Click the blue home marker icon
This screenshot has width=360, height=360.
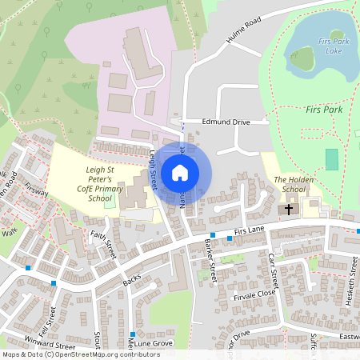(x=180, y=172)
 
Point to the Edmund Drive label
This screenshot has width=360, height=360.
(x=226, y=122)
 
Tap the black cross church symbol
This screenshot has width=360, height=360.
(x=289, y=210)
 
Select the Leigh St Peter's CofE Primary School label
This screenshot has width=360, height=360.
(x=101, y=184)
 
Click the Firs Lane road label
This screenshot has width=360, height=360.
(x=250, y=230)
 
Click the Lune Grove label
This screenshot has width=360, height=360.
(x=154, y=342)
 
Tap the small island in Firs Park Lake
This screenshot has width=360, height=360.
(x=302, y=58)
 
